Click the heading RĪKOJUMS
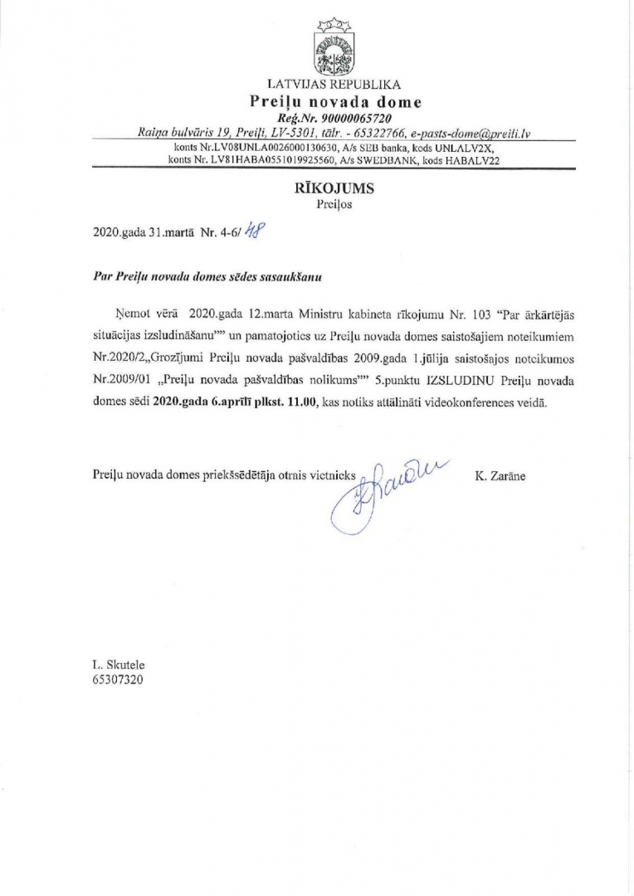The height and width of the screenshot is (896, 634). pyautogui.click(x=334, y=188)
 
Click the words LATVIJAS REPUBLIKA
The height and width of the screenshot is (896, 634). pyautogui.click(x=334, y=84)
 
